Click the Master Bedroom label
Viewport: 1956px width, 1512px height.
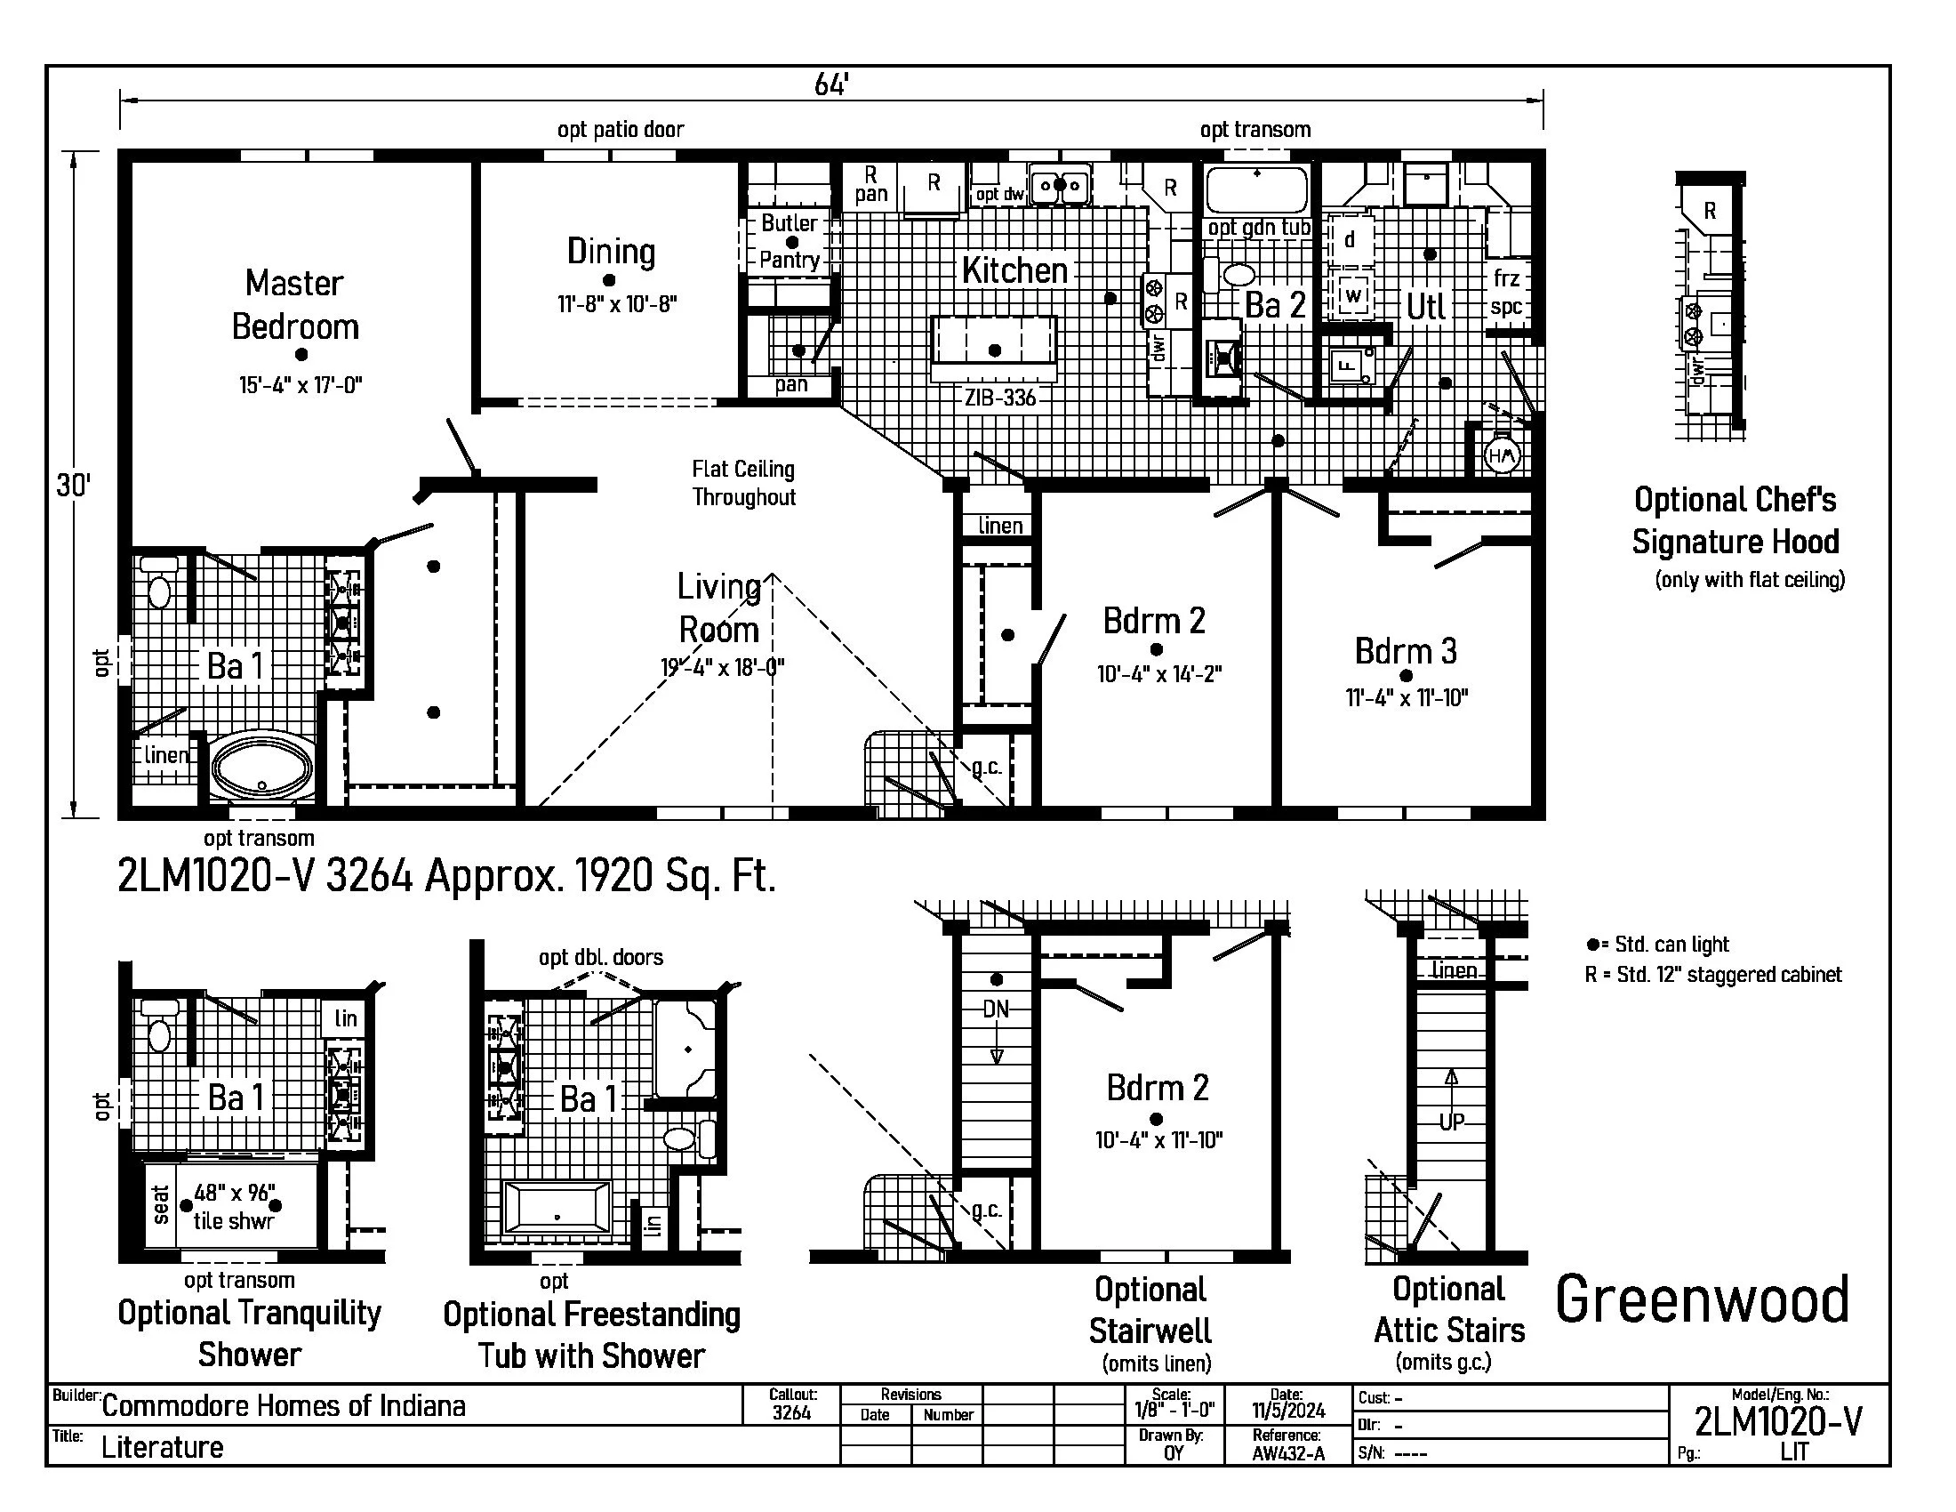(x=295, y=304)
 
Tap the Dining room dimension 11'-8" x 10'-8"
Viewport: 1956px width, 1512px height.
(x=617, y=303)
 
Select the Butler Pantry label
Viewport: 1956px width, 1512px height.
(x=790, y=241)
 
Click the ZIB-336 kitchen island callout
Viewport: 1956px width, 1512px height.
(x=999, y=398)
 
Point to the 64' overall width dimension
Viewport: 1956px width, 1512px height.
(x=831, y=85)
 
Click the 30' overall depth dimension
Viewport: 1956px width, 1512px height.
(x=74, y=486)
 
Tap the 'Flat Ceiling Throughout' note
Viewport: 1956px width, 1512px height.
(x=743, y=483)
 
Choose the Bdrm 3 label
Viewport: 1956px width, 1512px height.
(x=1405, y=651)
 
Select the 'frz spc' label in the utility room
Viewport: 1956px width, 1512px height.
(x=1506, y=292)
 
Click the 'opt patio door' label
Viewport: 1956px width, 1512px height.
(x=621, y=130)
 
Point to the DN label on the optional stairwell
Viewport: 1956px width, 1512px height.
(x=996, y=1009)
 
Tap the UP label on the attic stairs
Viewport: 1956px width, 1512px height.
(x=1451, y=1122)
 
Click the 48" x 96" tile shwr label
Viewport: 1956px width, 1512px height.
(x=233, y=1207)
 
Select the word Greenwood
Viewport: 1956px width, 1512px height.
(x=1702, y=1300)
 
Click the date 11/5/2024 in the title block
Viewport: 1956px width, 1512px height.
(x=1288, y=1411)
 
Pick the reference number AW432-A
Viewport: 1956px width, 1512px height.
(x=1288, y=1453)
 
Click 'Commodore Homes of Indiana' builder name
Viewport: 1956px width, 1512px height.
(x=283, y=1405)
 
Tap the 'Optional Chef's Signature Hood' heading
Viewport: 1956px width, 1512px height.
(x=1735, y=520)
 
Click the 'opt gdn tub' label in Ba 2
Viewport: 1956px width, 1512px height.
(x=1258, y=228)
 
